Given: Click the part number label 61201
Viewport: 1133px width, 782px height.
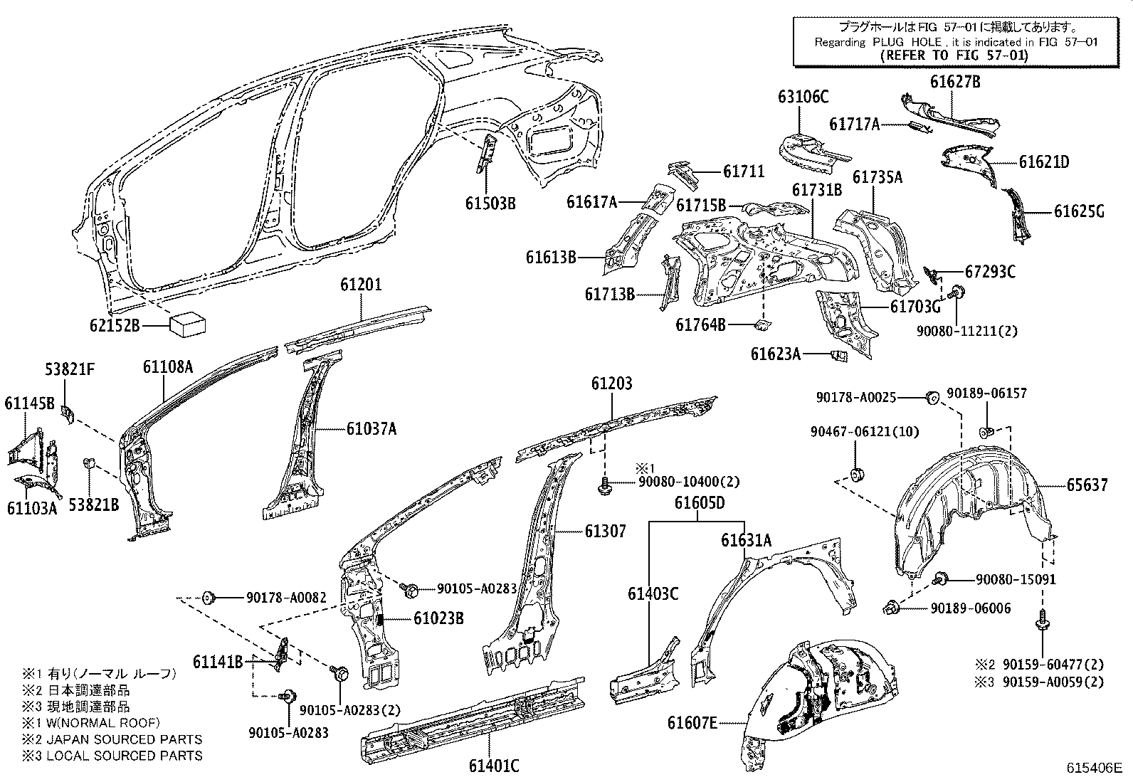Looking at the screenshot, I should (360, 285).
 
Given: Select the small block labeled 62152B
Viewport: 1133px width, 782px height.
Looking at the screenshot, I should (187, 325).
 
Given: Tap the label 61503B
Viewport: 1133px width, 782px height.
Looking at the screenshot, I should (490, 203).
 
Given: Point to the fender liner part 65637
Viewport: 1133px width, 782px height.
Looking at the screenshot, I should (968, 498).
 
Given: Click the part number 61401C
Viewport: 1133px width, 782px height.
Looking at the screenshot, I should (493, 766).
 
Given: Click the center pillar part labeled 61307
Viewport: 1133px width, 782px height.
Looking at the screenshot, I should (534, 562).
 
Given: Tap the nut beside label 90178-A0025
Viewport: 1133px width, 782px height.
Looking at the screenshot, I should (930, 397).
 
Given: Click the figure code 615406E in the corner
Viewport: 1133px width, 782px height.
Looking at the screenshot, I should (1093, 768).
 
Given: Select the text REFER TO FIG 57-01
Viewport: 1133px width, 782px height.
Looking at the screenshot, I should (954, 56).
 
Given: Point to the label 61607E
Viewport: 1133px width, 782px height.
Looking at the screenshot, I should (692, 723).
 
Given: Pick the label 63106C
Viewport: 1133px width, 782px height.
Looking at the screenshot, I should (803, 97).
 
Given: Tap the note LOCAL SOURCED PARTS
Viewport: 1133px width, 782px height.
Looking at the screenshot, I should (124, 756).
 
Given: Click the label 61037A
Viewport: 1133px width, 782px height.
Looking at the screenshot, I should (371, 428).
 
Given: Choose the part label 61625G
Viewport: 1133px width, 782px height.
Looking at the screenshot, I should (1079, 211).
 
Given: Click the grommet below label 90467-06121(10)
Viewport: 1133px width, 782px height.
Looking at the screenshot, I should (858, 472).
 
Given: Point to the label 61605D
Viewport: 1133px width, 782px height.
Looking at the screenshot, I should (700, 503).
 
